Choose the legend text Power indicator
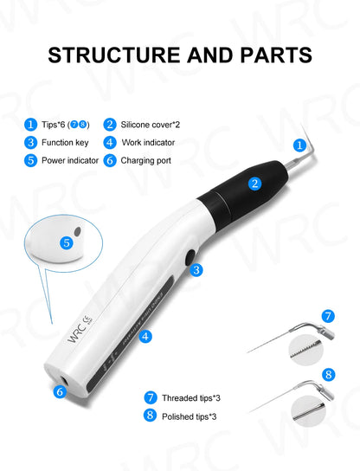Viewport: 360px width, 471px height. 70,160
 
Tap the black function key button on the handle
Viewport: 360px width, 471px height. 190,257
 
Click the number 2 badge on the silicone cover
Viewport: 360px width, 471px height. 254,184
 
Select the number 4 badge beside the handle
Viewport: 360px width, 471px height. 145,336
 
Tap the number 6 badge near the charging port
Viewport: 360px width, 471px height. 60,392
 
